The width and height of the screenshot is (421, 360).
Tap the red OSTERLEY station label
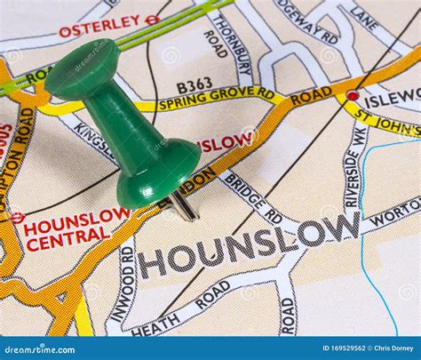pyautogui.click(x=99, y=26)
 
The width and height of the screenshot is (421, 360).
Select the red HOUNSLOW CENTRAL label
pyautogui.click(x=75, y=228)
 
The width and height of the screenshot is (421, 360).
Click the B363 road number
pyautogui.click(x=195, y=84)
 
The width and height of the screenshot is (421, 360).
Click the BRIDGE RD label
pyautogui.click(x=254, y=197)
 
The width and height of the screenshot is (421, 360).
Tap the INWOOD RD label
pyautogui.click(x=127, y=282)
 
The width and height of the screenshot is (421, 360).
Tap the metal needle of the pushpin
pyautogui.click(x=184, y=206)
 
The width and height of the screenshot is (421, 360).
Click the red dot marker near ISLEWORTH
pyautogui.click(x=353, y=95)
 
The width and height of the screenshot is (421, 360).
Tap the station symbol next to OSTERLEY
pyautogui.click(x=152, y=19)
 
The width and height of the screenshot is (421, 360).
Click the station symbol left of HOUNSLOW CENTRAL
pyautogui.click(x=17, y=216)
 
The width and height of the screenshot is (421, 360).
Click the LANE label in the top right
pyautogui.click(x=365, y=17)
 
